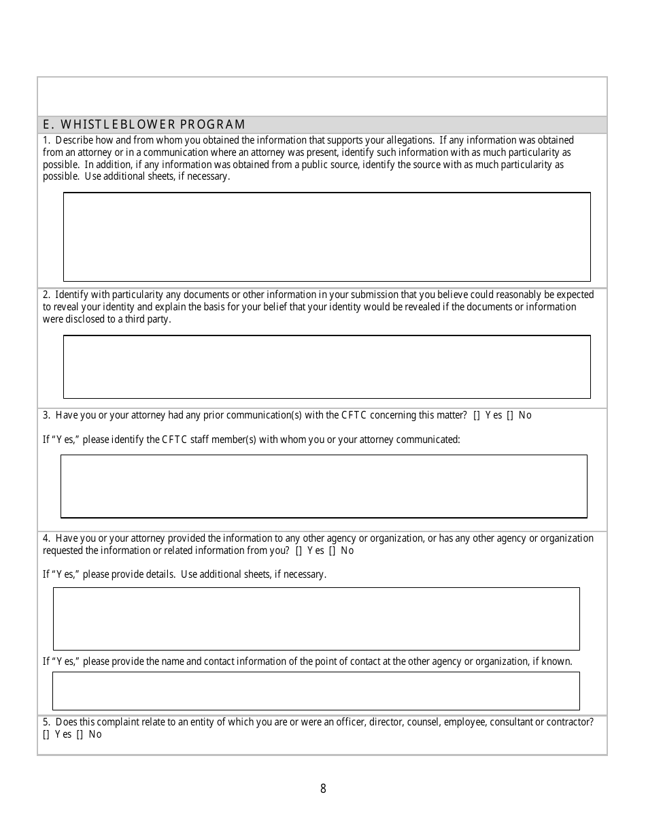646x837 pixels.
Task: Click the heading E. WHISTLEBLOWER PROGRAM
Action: tap(143, 125)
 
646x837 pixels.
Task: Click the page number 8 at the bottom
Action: tap(323, 789)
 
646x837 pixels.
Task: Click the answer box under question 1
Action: tap(326, 237)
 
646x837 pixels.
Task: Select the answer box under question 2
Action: tap(326, 367)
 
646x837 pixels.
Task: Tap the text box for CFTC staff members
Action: tap(324, 487)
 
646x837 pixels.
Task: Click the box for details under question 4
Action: tap(316, 619)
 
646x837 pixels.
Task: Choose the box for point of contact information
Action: tap(316, 691)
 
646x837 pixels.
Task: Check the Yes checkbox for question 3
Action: tap(477, 416)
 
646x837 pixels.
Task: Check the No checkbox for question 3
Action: tap(510, 416)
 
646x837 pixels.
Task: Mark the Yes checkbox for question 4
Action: tap(299, 551)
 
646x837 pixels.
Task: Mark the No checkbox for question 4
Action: tap(332, 551)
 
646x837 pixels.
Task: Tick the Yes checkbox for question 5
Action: tap(46, 735)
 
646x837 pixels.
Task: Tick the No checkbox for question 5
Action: tap(80, 735)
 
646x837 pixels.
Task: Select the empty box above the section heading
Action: tap(322, 96)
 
